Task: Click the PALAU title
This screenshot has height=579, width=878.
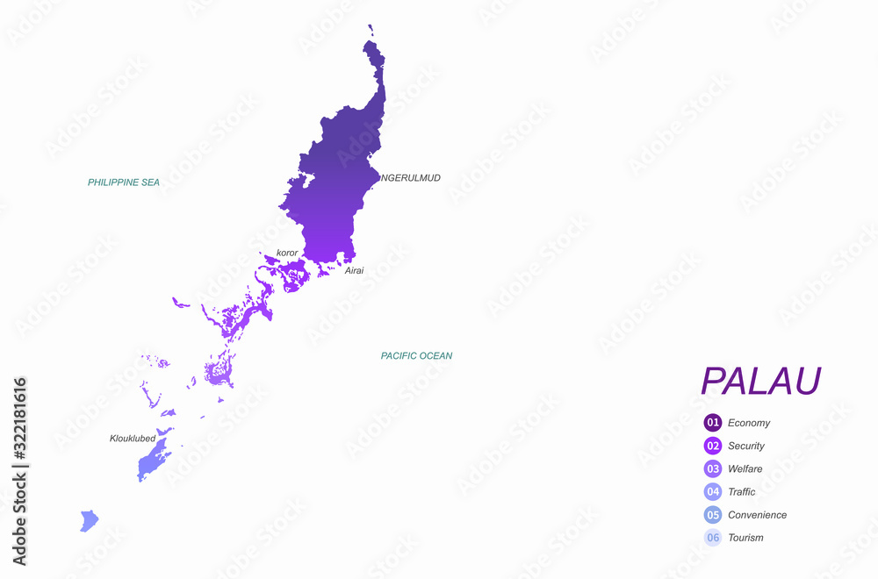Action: click(x=760, y=381)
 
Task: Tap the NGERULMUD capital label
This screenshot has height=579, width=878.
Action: click(x=410, y=178)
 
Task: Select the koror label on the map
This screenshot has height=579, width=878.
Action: click(x=287, y=253)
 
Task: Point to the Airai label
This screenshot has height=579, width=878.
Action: click(x=354, y=271)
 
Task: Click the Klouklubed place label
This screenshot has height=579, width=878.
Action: click(x=133, y=438)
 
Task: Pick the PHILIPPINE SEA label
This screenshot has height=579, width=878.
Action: click(x=124, y=182)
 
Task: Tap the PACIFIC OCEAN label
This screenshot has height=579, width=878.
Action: click(x=416, y=356)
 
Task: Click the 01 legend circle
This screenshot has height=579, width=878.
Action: click(x=713, y=423)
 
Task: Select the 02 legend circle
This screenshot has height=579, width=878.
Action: click(x=713, y=446)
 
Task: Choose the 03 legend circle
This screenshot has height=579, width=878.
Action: click(x=713, y=468)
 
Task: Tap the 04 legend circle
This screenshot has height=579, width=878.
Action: click(x=713, y=491)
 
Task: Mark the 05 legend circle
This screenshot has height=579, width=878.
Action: click(x=713, y=515)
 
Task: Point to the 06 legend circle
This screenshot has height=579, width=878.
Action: click(x=713, y=538)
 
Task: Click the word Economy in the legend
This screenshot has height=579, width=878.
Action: click(x=749, y=423)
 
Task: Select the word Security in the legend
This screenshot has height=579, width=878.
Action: click(x=746, y=446)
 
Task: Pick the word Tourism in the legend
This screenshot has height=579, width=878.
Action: click(x=745, y=538)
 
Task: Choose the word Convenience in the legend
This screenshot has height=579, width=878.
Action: click(x=757, y=515)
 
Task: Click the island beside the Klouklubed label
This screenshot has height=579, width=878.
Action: click(x=153, y=458)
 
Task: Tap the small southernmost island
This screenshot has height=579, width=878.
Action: click(x=89, y=521)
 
